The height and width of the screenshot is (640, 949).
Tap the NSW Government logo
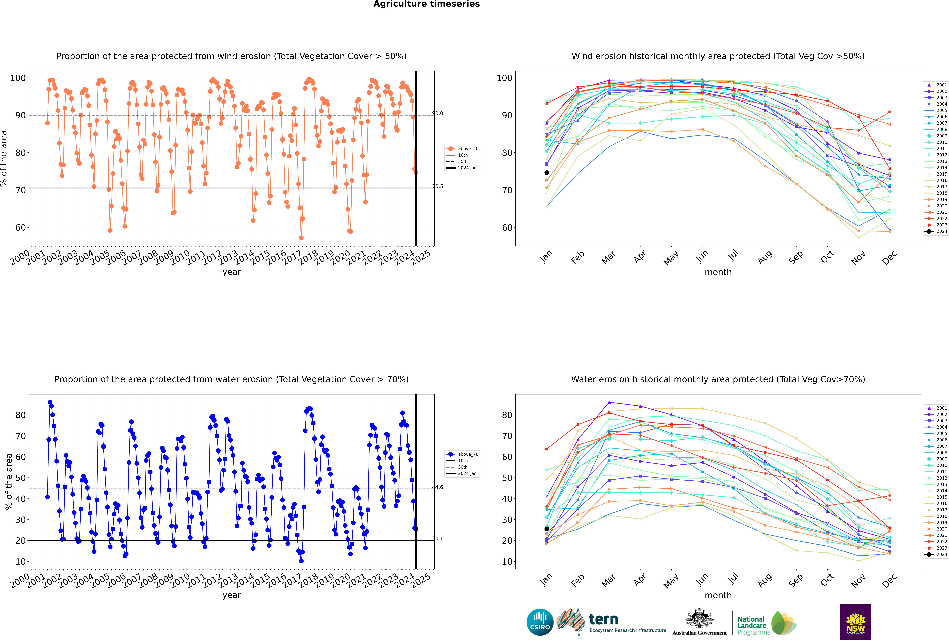[x=856, y=622]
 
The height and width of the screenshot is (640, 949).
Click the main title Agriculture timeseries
[x=426, y=4]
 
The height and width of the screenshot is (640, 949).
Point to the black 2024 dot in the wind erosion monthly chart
[x=547, y=173]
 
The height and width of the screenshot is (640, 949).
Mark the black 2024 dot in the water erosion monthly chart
[x=547, y=529]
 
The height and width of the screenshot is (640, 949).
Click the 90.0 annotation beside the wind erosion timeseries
[x=437, y=113]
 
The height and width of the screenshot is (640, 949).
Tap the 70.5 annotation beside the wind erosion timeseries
[x=437, y=186]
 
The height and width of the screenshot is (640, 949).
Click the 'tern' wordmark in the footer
[x=603, y=620]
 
